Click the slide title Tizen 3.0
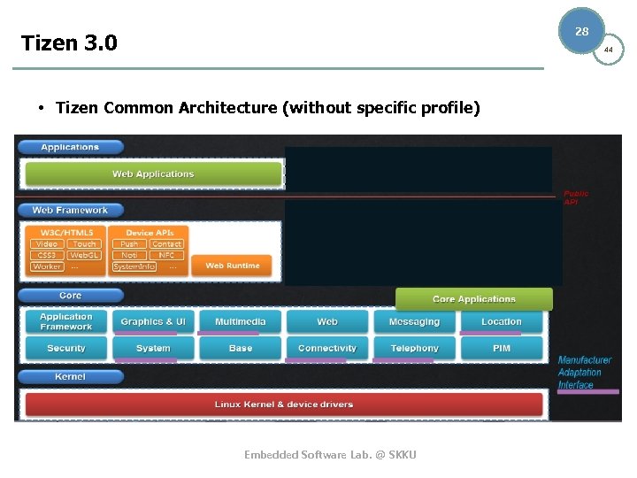69,43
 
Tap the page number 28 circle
581,31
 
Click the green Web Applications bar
153,174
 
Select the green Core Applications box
473,299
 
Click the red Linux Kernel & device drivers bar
283,405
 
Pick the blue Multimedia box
240,322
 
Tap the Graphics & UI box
153,322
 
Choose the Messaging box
414,322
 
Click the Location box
501,322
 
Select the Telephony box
414,349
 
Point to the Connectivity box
326,349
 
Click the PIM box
501,349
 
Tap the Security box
66,349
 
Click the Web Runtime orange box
233,266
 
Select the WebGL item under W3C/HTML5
84,255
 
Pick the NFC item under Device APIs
166,255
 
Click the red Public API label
576,197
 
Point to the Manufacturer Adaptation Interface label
584,373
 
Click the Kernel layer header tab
70,377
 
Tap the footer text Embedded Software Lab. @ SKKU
330,455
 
